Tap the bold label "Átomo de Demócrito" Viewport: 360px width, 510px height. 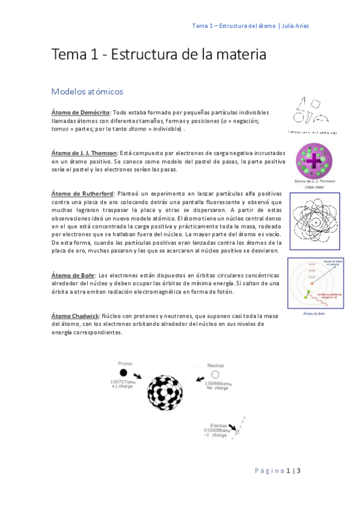pyautogui.click(x=80, y=112)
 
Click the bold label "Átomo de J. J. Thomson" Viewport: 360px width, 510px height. pyautogui.click(x=84, y=153)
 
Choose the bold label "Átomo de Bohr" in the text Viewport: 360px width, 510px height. pyautogui.click(x=73, y=275)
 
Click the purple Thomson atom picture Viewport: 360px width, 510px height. pyautogui.click(x=314, y=161)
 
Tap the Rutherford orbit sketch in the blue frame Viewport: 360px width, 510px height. pyautogui.click(x=315, y=221)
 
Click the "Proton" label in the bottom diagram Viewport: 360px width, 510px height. pyautogui.click(x=125, y=363)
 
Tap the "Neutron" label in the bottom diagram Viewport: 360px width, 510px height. pyautogui.click(x=215, y=366)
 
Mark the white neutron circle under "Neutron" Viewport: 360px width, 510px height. pyautogui.click(x=215, y=375)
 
